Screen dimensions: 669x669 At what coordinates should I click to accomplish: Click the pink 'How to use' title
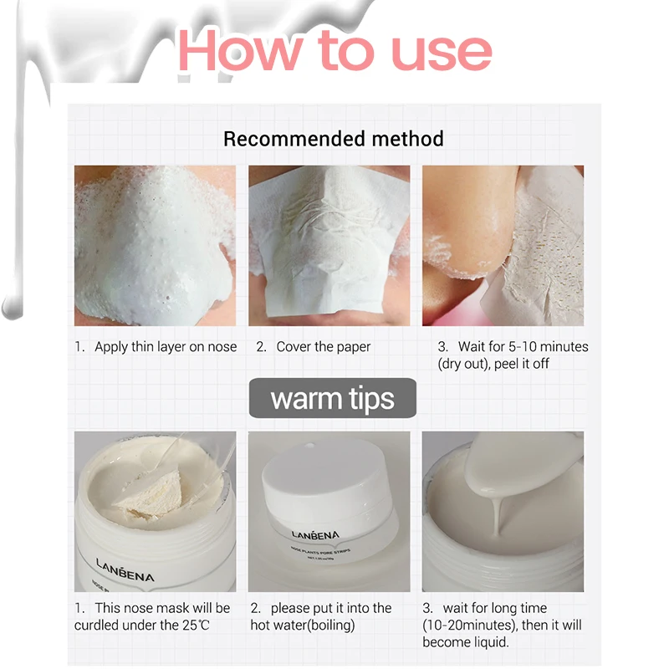(x=335, y=51)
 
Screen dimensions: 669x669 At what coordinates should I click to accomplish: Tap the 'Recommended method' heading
(x=334, y=139)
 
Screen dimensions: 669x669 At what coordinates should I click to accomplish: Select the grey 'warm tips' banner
(x=332, y=398)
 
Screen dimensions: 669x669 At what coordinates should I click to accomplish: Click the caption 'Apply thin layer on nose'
(x=166, y=347)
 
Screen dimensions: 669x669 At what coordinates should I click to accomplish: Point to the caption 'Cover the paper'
(x=324, y=347)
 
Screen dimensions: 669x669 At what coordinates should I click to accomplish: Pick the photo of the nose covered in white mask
(x=155, y=246)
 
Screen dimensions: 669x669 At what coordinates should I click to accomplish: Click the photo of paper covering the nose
(x=329, y=246)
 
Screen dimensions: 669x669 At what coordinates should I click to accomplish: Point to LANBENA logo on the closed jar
(x=316, y=534)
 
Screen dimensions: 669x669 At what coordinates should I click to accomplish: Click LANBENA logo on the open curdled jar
(x=125, y=570)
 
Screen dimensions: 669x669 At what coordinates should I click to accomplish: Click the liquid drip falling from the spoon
(x=497, y=516)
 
